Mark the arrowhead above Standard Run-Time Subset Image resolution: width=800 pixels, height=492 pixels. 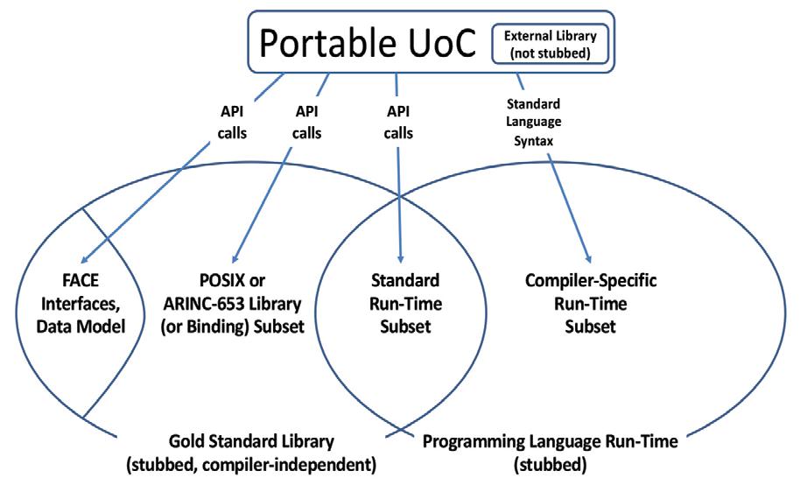[x=400, y=258]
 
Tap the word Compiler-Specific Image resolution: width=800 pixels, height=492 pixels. [x=592, y=283]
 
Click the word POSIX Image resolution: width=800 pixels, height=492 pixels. [x=220, y=283]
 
